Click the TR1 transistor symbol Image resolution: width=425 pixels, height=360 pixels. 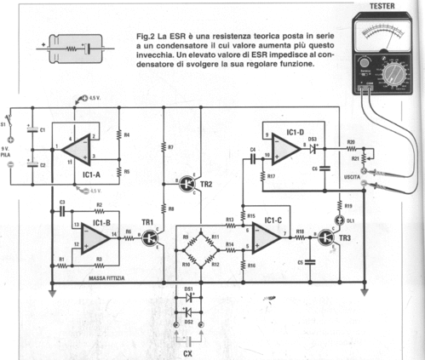point(150,238)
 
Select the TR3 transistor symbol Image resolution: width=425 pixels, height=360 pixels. point(326,237)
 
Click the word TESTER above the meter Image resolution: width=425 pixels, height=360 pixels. point(382,7)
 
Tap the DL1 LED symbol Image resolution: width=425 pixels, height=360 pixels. point(338,220)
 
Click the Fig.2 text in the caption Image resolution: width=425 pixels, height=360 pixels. point(146,36)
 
